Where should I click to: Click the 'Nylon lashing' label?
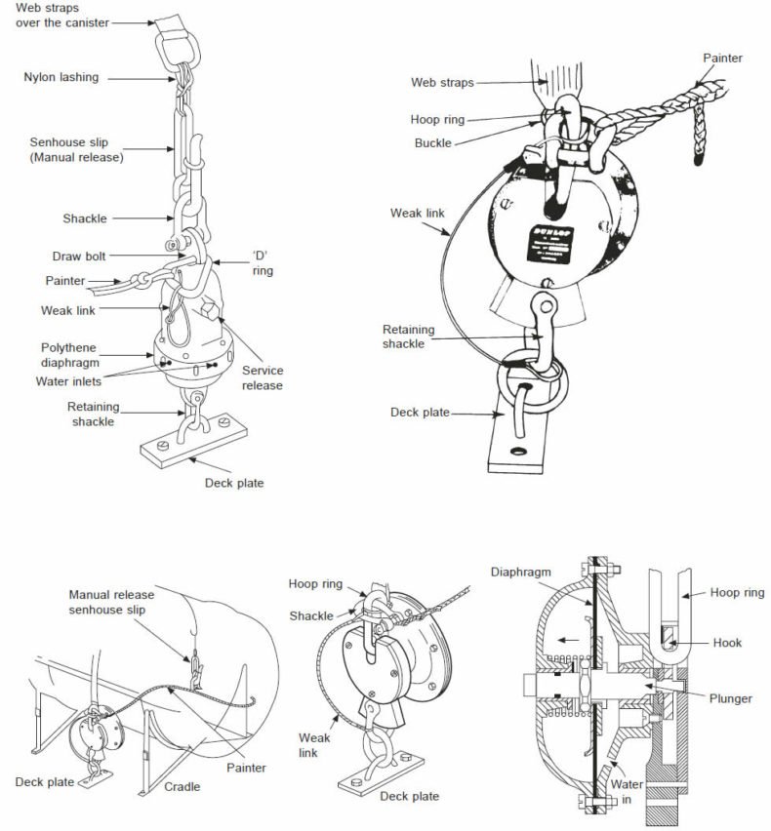click(61, 77)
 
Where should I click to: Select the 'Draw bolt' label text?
click(79, 257)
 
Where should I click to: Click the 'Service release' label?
click(263, 377)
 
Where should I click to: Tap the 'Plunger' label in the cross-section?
click(731, 698)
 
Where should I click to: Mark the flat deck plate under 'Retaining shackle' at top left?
click(196, 450)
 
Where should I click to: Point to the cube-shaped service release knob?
click(214, 312)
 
